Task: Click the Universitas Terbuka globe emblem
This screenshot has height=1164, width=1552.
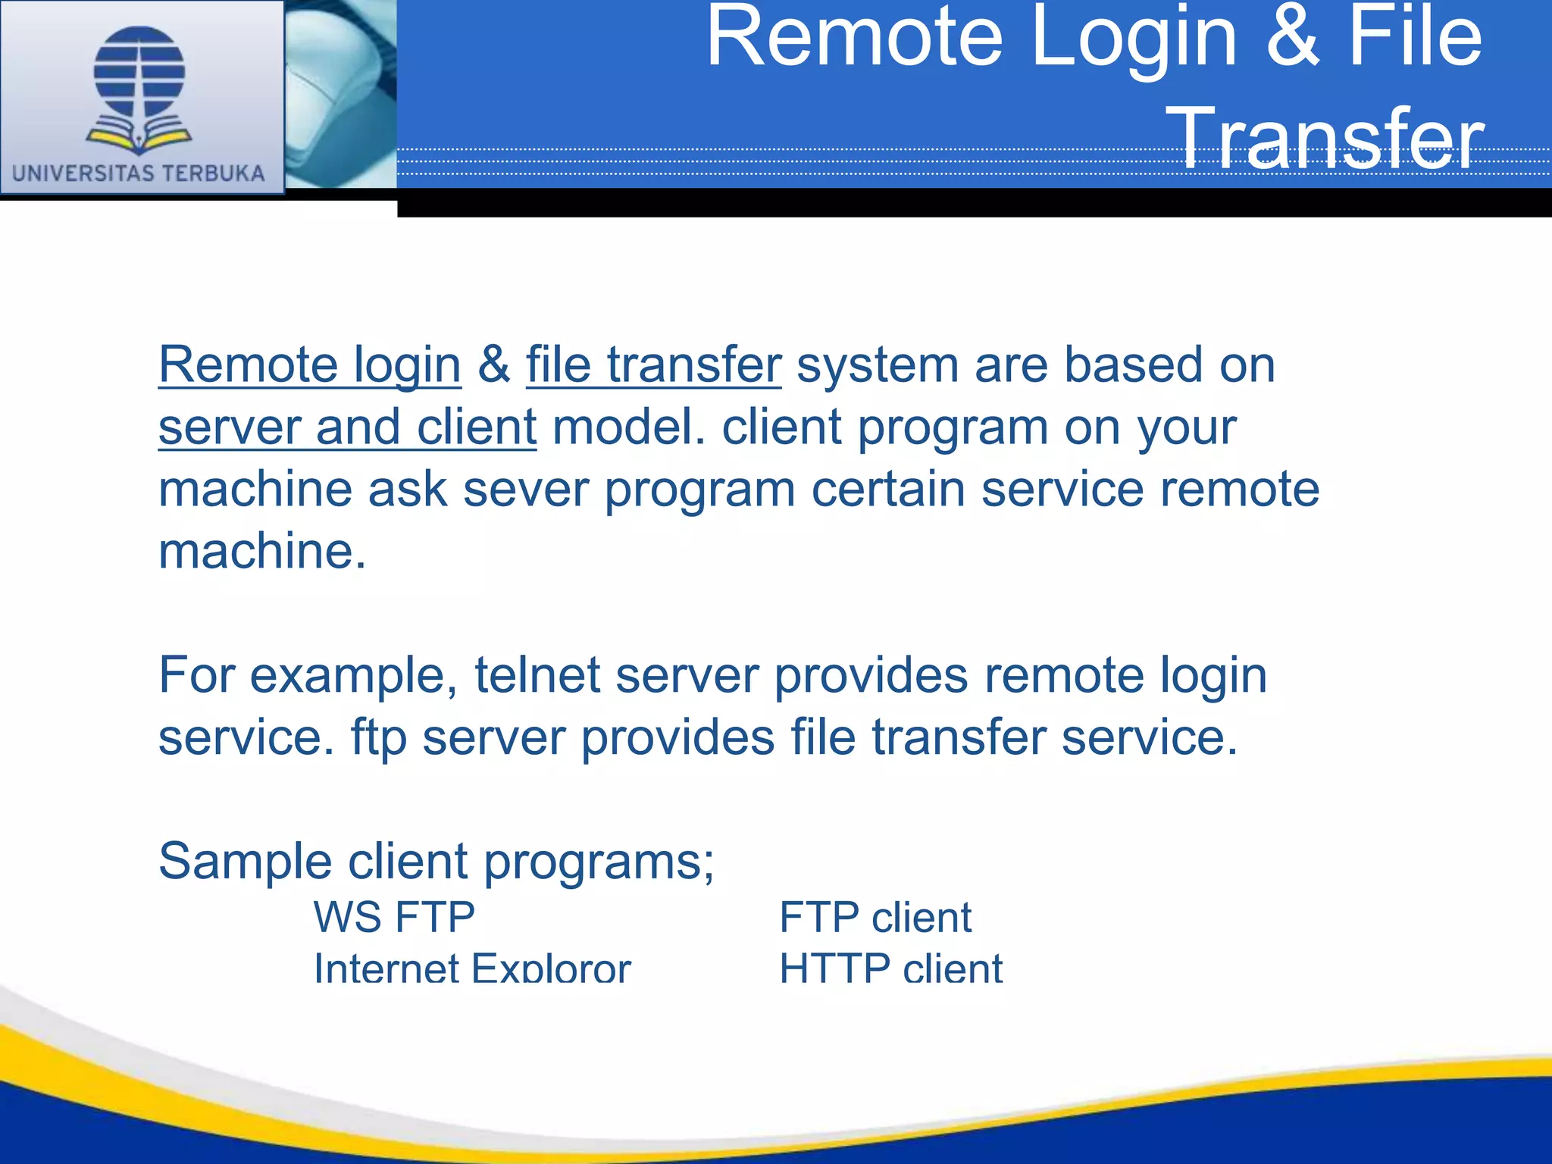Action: [x=139, y=87]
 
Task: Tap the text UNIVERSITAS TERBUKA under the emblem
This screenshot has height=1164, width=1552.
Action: [x=139, y=174]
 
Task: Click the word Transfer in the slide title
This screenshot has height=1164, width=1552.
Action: [x=1326, y=138]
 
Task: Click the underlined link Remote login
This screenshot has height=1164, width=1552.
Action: [x=309, y=365]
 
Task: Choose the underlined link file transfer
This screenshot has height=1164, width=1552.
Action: [x=653, y=365]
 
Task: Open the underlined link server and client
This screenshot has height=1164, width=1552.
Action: [x=347, y=427]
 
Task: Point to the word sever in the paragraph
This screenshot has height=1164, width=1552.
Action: [x=525, y=490]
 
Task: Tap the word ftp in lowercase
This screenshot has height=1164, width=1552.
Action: [x=378, y=737]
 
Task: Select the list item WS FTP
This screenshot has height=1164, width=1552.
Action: [x=394, y=917]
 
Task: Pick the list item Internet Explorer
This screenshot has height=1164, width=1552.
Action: [x=472, y=968]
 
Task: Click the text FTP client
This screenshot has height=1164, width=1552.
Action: [x=875, y=917]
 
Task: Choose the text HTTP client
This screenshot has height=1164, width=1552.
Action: [x=891, y=968]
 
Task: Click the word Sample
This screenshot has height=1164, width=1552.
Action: [x=245, y=862]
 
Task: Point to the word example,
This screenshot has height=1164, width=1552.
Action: [x=353, y=675]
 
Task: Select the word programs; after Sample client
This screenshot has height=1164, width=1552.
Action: [x=599, y=862]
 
